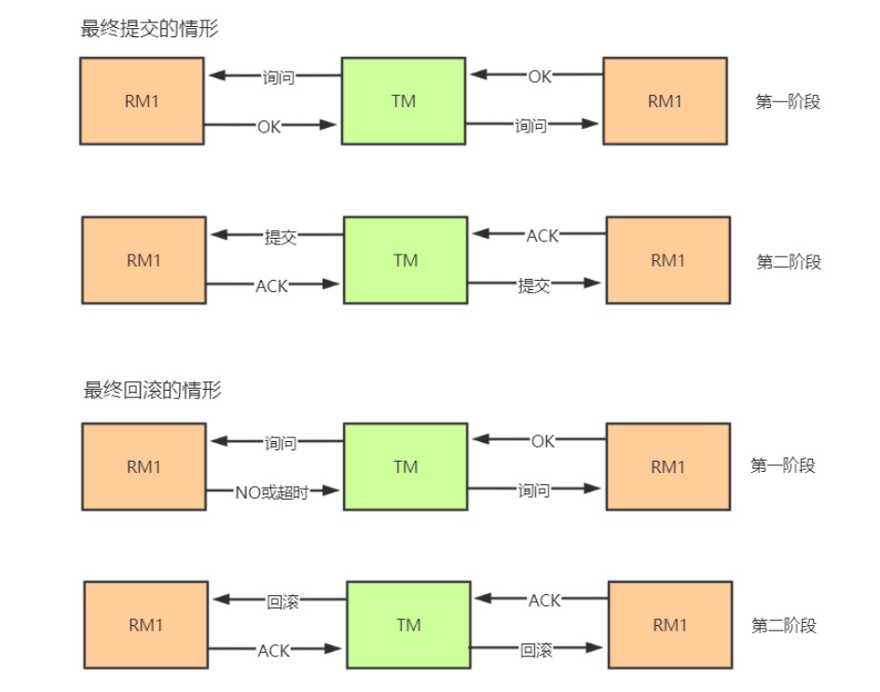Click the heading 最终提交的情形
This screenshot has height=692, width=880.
[x=150, y=28]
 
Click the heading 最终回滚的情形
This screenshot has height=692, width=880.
[x=153, y=390]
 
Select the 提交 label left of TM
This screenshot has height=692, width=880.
[x=281, y=237]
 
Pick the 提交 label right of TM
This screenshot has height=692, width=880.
[x=534, y=286]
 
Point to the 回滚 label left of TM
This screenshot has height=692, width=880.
[x=282, y=602]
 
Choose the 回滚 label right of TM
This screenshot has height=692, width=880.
[x=536, y=650]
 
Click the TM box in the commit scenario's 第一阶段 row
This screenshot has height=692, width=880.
[x=403, y=101]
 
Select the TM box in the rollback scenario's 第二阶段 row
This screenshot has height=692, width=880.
[x=408, y=625]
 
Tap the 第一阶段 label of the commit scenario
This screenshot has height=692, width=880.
[x=787, y=102]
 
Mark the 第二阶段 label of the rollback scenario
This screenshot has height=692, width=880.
[x=784, y=626]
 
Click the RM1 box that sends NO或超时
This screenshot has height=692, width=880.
[x=144, y=466]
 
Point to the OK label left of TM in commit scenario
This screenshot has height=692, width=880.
[x=269, y=125]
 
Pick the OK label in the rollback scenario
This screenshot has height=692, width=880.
[x=543, y=441]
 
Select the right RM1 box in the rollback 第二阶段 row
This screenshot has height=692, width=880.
[x=669, y=625]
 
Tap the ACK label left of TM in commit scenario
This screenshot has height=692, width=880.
[x=272, y=286]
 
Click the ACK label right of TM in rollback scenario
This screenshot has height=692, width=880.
[x=544, y=601]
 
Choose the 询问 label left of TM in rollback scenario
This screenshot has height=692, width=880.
[x=280, y=444]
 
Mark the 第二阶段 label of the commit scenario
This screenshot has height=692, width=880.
[x=789, y=262]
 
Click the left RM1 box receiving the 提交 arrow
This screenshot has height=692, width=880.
[x=144, y=260]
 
